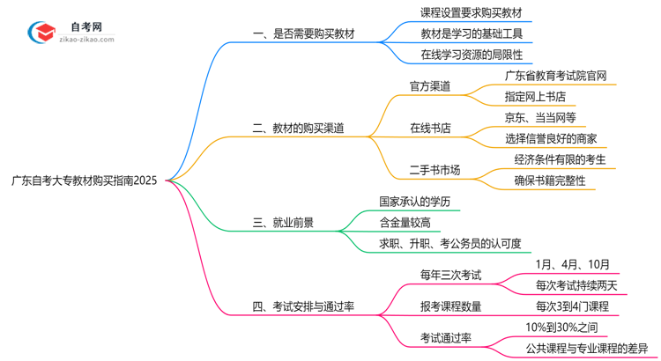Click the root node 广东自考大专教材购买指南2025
tap(85, 180)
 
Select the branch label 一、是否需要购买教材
tap(304, 34)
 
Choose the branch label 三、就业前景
tap(281, 224)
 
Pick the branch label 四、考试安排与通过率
tap(303, 306)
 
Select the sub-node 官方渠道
tap(430, 86)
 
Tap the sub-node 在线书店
tap(430, 128)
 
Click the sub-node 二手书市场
tap(435, 169)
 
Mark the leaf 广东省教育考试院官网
tap(555, 76)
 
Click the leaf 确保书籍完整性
tap(550, 180)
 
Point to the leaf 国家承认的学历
tap(414, 202)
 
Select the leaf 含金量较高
tap(405, 223)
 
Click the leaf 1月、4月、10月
tap(571, 264)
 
